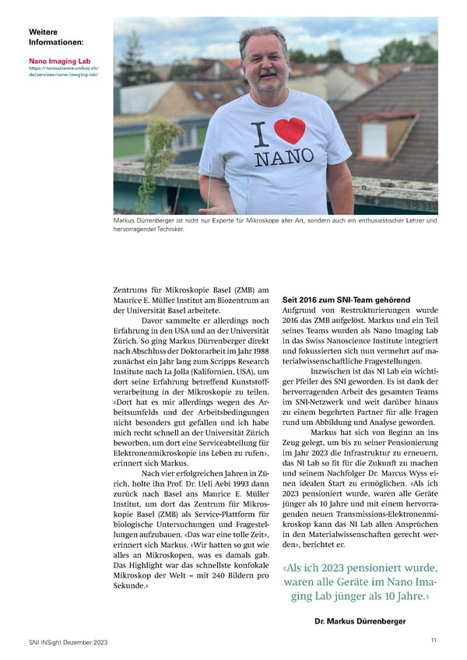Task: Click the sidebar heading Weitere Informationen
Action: (x=56, y=37)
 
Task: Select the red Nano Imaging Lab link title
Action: (x=59, y=59)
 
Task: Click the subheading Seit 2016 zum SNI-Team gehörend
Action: (x=346, y=300)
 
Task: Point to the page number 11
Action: (x=433, y=641)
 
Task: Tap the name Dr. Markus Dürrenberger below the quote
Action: (x=360, y=621)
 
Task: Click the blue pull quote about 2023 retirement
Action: (x=360, y=582)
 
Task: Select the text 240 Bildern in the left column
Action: (x=233, y=577)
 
